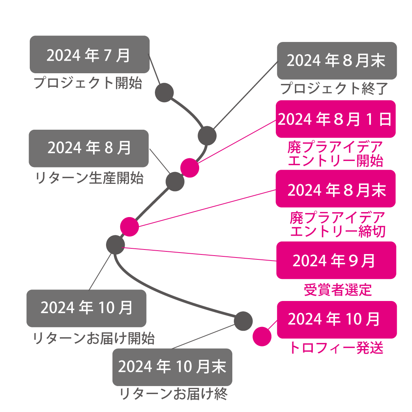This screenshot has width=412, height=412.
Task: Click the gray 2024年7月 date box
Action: coord(90,55)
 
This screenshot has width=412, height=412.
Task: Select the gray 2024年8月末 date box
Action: coord(336,61)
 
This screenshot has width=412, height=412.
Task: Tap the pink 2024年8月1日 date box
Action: coord(335,119)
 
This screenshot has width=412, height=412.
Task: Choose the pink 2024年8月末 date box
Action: coord(335,189)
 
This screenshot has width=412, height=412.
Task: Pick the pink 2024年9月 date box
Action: coord(336,260)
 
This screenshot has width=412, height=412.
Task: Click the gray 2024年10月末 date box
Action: coord(172,367)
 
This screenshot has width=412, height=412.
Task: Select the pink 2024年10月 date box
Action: coord(336,319)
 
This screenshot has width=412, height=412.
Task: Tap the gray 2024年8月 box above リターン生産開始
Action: coord(89,148)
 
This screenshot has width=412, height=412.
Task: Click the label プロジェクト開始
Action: coord(88,83)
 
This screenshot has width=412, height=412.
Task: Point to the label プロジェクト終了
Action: coord(335,89)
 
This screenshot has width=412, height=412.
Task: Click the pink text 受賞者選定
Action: coord(338,290)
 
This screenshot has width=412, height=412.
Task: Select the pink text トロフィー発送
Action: coord(336,348)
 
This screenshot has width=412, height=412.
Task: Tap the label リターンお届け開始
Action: coord(94,338)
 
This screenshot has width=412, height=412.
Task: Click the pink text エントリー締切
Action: coord(338,231)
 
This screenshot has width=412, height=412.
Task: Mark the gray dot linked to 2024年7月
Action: coord(164,93)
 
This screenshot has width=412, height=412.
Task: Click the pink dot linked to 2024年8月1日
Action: coord(190,168)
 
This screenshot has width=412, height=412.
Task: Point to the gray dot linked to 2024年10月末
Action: coord(243,321)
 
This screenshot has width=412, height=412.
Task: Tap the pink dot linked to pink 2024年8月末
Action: coord(129,227)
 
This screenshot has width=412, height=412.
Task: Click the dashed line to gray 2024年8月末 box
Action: coord(244,97)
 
